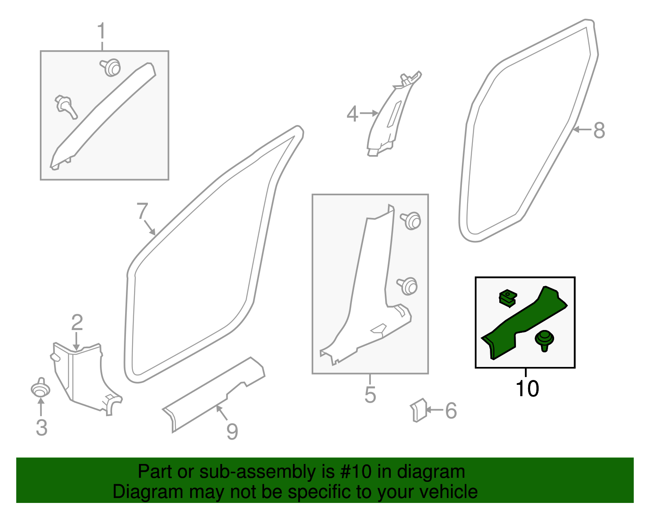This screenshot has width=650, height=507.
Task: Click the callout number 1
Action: [101, 32]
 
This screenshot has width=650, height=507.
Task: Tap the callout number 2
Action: [77, 323]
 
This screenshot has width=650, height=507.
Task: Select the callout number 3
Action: [41, 427]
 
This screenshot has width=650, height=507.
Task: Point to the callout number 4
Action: [352, 114]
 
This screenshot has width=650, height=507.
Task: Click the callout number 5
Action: [370, 395]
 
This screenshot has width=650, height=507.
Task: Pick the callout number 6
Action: [451, 411]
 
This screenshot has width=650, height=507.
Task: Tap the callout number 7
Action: [142, 211]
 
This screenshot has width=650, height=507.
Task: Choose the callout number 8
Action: [599, 130]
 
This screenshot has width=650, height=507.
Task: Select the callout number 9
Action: [232, 431]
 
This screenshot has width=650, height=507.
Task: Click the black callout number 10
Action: [527, 388]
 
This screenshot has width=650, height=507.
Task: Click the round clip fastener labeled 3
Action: [41, 389]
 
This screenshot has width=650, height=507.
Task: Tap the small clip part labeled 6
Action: [418, 410]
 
